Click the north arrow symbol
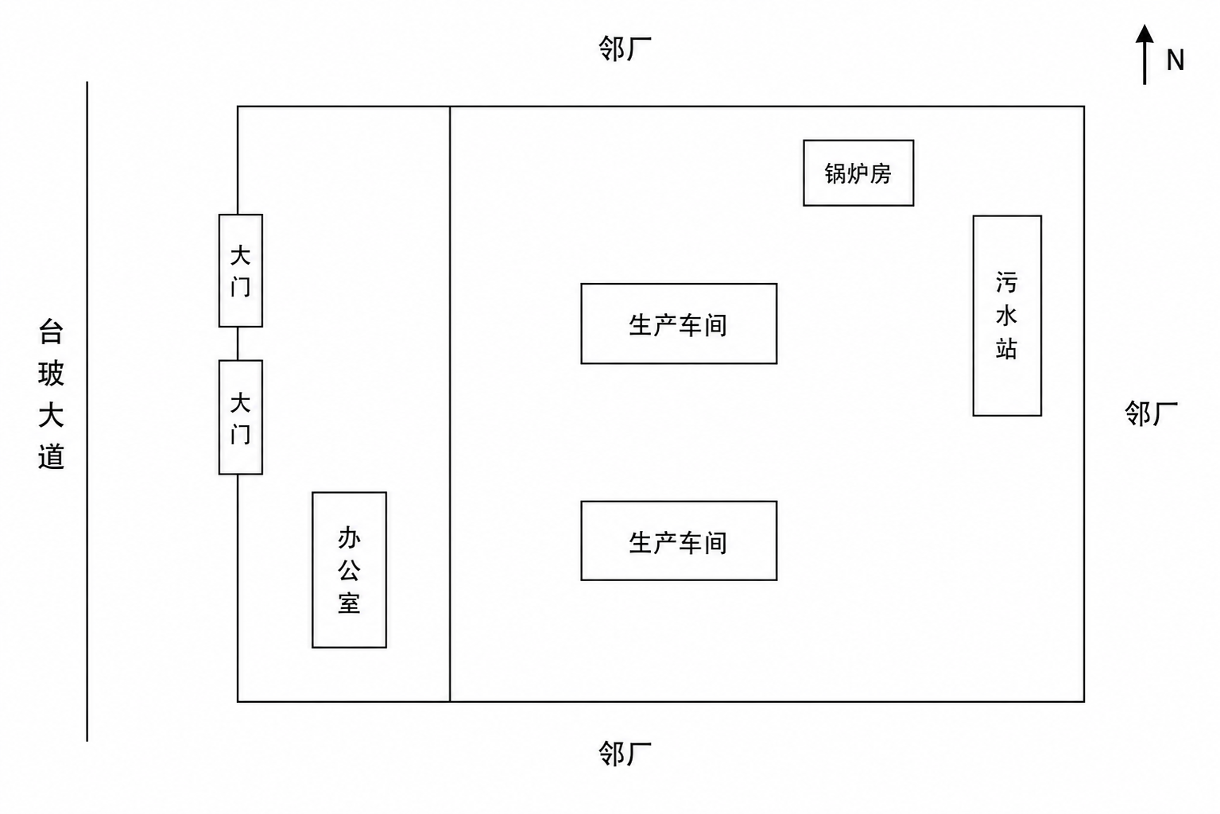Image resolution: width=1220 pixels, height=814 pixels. (x=1144, y=55)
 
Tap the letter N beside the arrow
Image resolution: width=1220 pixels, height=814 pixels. (x=1175, y=60)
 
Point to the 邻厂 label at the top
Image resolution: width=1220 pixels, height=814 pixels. (x=625, y=49)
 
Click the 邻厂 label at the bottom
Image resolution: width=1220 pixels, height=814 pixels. (x=625, y=754)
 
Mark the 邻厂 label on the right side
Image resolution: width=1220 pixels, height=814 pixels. (x=1152, y=413)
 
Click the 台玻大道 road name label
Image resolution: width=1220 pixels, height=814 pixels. (x=51, y=394)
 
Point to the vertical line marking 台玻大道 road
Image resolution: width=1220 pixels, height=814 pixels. (x=87, y=411)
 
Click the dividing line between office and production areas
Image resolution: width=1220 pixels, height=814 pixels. (x=450, y=404)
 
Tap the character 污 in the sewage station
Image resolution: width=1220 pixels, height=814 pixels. (x=1006, y=283)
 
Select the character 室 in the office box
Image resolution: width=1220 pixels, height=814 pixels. (x=349, y=603)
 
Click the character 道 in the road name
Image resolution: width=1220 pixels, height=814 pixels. (x=51, y=456)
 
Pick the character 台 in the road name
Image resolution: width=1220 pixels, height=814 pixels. (x=51, y=332)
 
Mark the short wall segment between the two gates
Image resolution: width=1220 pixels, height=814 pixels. (x=238, y=343)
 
